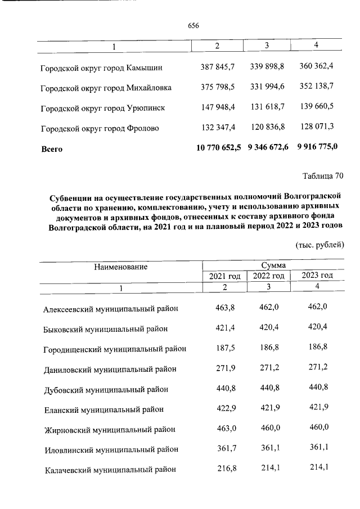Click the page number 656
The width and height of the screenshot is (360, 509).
click(193, 26)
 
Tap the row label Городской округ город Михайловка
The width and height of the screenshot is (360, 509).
click(106, 88)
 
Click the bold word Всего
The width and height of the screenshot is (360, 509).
click(51, 149)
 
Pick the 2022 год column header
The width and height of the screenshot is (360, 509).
click(268, 276)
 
